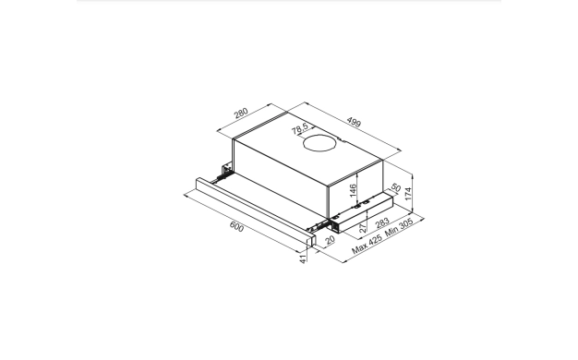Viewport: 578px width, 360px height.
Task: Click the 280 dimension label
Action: click(x=241, y=113)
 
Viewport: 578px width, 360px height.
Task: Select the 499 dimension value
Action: click(x=354, y=122)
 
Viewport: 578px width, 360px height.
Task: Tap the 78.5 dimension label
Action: click(x=300, y=128)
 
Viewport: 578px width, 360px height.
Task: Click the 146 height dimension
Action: click(x=353, y=190)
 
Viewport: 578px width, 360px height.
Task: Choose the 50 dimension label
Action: click(x=395, y=188)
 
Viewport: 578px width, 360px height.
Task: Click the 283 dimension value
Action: click(x=382, y=222)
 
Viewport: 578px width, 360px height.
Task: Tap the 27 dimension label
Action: click(x=363, y=227)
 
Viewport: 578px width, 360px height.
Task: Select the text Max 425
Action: click(x=367, y=245)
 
